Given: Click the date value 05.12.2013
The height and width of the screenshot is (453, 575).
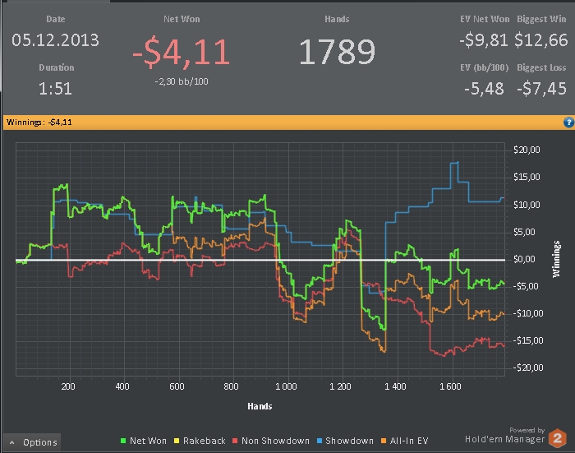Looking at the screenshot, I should pyautogui.click(x=55, y=39).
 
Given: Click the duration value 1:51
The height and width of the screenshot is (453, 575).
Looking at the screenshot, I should pyautogui.click(x=56, y=88).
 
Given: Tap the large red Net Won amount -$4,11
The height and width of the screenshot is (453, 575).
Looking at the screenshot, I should pyautogui.click(x=182, y=52).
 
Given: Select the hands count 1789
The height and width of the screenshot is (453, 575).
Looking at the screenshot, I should pyautogui.click(x=337, y=53).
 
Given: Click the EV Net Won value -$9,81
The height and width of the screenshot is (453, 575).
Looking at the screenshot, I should pyautogui.click(x=484, y=39).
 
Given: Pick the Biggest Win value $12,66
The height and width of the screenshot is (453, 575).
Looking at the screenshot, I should pyautogui.click(x=540, y=39).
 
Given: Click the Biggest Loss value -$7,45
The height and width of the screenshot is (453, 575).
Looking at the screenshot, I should pyautogui.click(x=542, y=88).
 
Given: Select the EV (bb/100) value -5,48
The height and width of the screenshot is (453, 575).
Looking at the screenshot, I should pyautogui.click(x=484, y=88).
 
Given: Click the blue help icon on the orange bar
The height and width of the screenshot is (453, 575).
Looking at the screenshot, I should pyautogui.click(x=568, y=122).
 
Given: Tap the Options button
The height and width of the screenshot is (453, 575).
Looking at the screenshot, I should pyautogui.click(x=33, y=442).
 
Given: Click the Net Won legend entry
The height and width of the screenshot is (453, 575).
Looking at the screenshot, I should pyautogui.click(x=142, y=441).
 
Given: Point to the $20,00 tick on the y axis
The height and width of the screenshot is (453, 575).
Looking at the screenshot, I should pyautogui.click(x=526, y=150).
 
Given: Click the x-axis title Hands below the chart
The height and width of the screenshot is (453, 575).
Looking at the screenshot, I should pyautogui.click(x=260, y=406).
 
